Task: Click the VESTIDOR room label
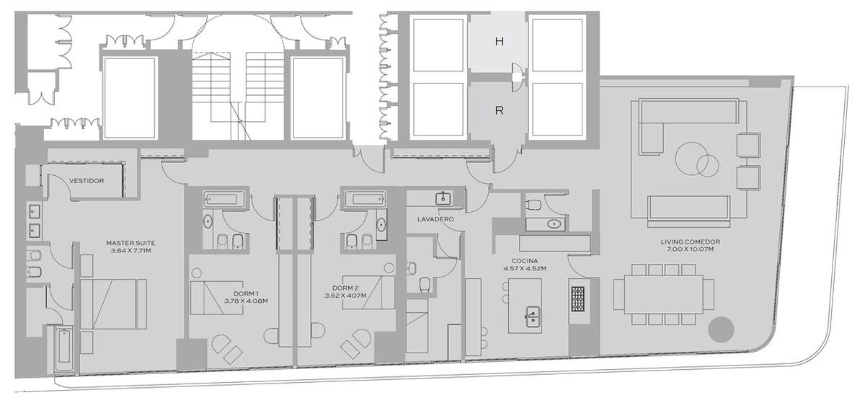point(86,180)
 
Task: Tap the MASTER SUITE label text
point(130,243)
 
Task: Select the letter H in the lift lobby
point(500,41)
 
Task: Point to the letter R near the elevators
point(500,110)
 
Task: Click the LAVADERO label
point(435,219)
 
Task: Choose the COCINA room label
point(525,261)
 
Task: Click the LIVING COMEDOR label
point(690,242)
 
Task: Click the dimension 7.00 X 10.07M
point(690,249)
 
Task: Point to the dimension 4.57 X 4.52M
point(525,268)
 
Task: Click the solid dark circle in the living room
point(721,329)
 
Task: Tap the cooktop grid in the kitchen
point(577,298)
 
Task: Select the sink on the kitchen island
point(533,316)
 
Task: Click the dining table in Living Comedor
point(663,294)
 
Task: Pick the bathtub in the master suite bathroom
point(63,350)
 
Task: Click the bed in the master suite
point(114,304)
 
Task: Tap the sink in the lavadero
point(443,198)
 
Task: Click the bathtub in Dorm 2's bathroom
point(365,200)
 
